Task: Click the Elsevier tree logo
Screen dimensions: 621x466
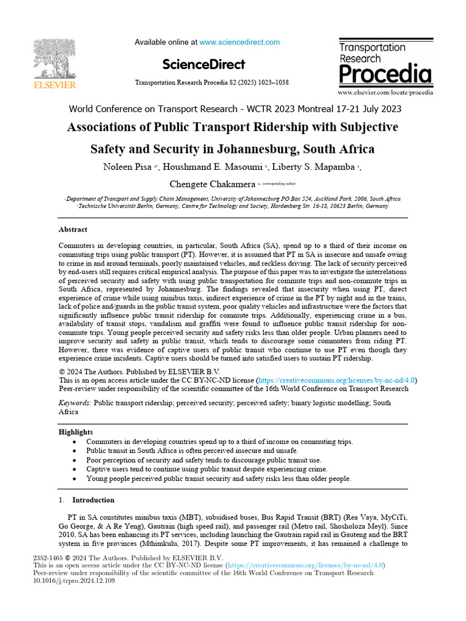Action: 54,60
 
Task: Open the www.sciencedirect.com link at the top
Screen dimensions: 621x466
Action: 240,42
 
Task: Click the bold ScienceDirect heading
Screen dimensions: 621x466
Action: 204,64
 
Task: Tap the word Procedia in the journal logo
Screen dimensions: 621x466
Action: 385,75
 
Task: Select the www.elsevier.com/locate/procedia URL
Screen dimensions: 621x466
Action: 385,93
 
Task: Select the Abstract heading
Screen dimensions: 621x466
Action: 73,230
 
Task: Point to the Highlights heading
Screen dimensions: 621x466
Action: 76,432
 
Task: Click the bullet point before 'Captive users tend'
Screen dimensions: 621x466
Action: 74,469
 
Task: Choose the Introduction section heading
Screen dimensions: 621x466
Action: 93,500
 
